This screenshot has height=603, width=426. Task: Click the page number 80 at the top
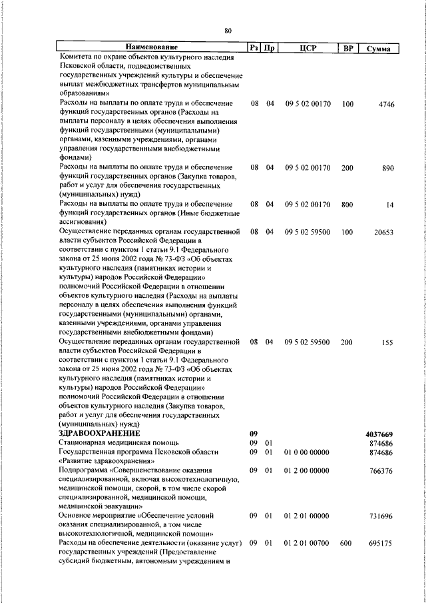click(x=228, y=31)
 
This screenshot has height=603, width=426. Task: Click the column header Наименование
click(x=152, y=47)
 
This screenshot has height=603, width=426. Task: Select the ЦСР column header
click(x=307, y=47)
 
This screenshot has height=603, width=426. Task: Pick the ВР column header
click(x=347, y=47)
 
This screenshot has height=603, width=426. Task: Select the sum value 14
click(x=391, y=204)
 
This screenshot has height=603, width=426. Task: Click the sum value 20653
click(x=384, y=231)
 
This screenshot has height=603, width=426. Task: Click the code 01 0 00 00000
click(x=307, y=452)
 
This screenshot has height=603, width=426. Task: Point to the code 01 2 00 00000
click(x=307, y=470)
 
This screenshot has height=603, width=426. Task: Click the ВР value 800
click(x=347, y=204)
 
